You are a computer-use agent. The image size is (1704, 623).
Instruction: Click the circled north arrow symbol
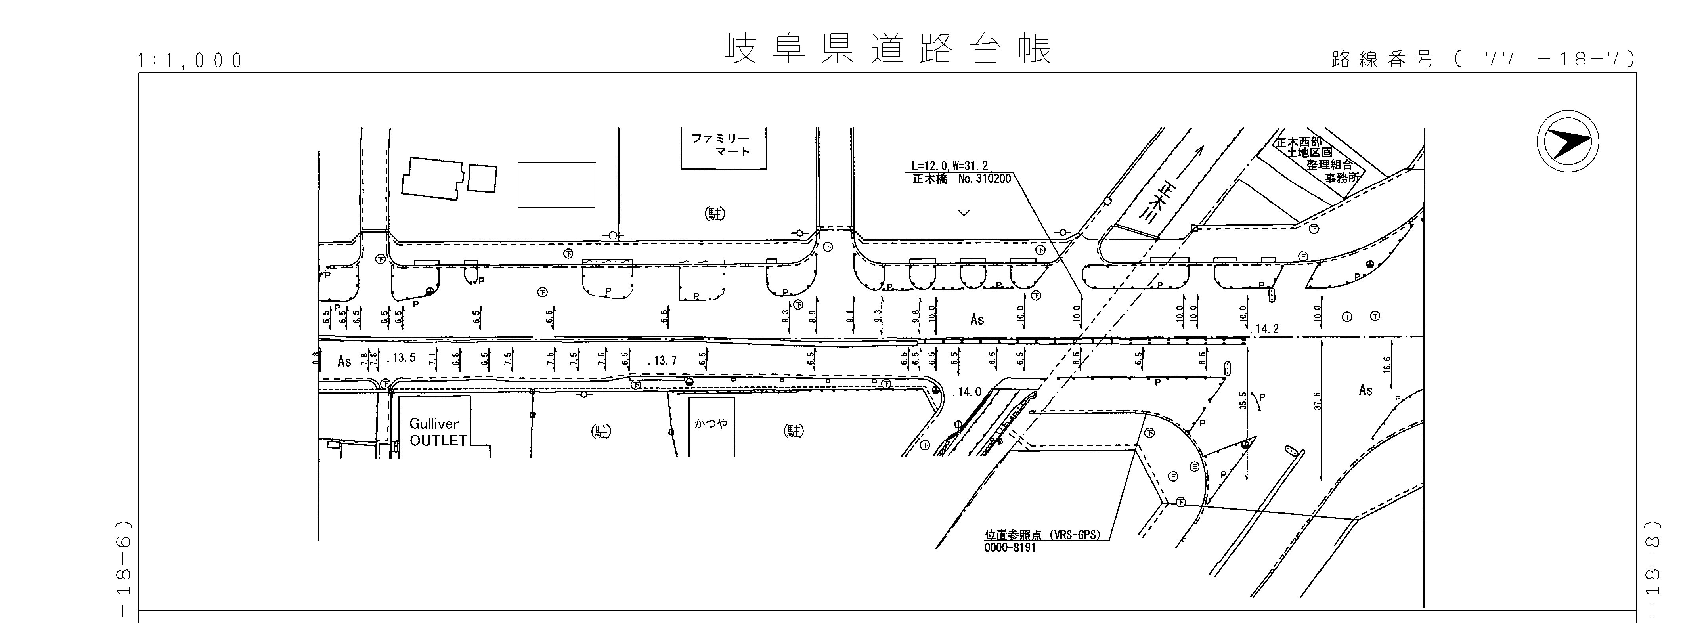coord(1567,143)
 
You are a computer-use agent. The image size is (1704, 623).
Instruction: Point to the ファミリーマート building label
coord(724,145)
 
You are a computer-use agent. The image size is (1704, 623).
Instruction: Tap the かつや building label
coord(711,422)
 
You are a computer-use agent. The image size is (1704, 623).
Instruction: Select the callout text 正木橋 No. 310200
coord(961,179)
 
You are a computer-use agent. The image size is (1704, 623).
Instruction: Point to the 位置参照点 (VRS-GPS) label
coord(1042,536)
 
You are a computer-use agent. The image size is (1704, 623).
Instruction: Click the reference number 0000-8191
coord(1010,548)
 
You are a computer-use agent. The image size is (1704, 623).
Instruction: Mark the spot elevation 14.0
coord(968,392)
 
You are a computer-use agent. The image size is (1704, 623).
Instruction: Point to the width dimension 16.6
coord(1387,365)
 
